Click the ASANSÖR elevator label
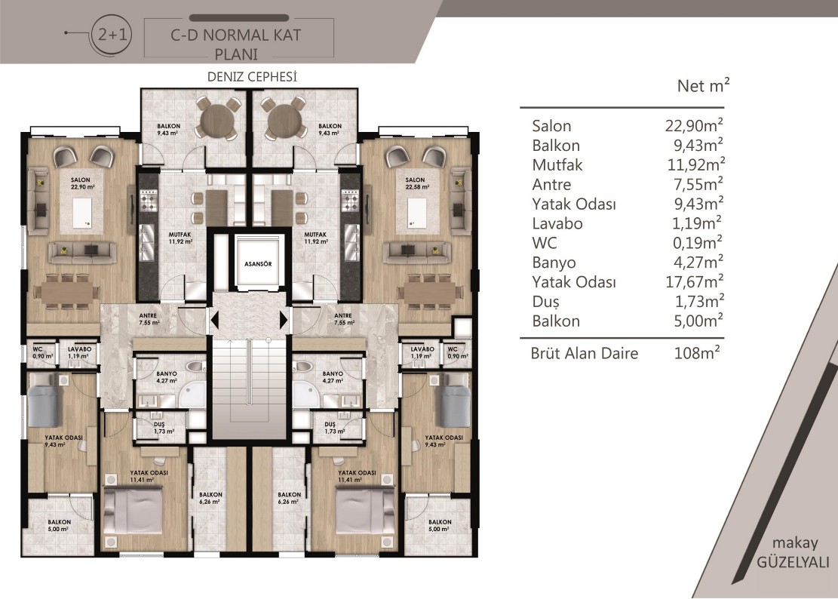coord(258,264)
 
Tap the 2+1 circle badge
coord(112,34)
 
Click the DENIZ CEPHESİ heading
coord(252,77)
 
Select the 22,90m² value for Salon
coord(694,125)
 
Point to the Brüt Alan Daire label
coord(584,353)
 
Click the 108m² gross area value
coord(697,352)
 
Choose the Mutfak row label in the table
coord(557,165)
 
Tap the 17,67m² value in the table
coord(695,281)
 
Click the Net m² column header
coord(703,85)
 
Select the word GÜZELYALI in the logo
coord(793,562)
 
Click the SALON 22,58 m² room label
coord(416,183)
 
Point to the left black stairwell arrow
coord(214,321)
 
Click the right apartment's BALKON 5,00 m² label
coord(439,525)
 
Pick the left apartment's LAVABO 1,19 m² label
coord(79,352)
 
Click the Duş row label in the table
coord(545,302)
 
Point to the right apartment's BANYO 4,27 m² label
coord(333,376)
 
